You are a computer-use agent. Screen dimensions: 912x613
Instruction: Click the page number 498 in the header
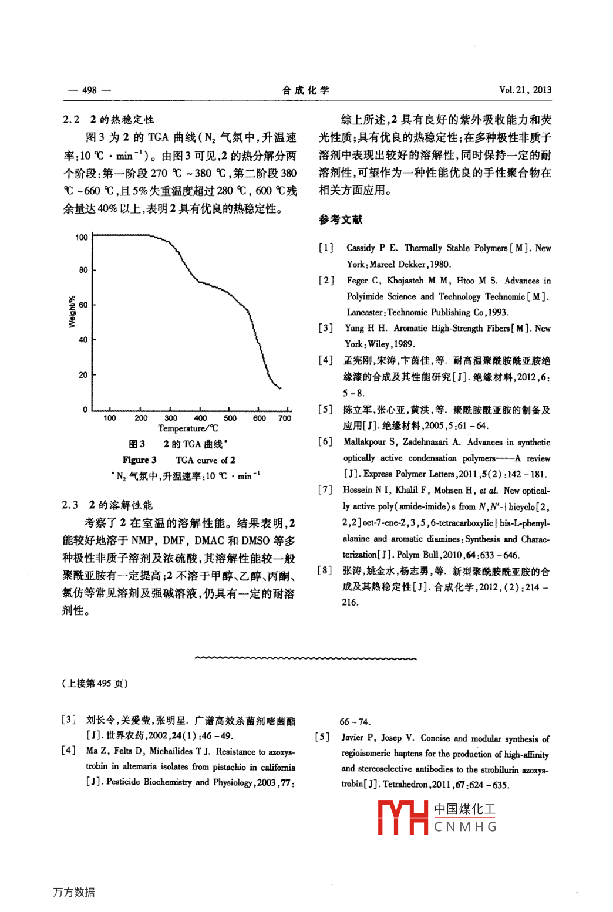point(89,90)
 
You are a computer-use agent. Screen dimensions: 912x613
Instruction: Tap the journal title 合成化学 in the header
point(305,90)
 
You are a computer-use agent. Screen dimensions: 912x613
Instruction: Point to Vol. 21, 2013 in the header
point(525,90)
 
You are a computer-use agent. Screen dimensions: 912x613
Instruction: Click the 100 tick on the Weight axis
point(82,237)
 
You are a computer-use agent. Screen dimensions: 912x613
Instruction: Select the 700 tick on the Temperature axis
point(285,418)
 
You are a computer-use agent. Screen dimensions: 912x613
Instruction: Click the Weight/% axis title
point(72,312)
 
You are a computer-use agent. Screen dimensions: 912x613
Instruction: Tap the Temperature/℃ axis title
point(188,428)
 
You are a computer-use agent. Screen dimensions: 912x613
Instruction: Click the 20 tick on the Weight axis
point(83,374)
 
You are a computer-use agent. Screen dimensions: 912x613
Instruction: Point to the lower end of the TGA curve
point(279,387)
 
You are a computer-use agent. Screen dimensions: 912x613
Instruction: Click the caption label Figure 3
point(139,460)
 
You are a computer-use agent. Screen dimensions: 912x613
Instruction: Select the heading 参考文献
point(341,219)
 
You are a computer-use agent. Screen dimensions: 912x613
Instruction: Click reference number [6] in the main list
point(326,441)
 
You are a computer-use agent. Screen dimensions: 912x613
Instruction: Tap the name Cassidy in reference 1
point(361,248)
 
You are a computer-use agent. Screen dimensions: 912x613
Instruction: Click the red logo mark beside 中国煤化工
point(403,818)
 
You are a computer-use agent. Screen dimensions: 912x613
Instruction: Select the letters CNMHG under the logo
point(465,827)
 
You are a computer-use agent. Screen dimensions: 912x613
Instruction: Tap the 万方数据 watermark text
point(74,892)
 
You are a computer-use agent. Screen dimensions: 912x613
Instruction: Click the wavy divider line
point(305,658)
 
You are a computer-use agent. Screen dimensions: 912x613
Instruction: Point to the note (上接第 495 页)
point(95,683)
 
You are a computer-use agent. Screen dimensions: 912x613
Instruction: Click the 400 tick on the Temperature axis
point(200,418)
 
